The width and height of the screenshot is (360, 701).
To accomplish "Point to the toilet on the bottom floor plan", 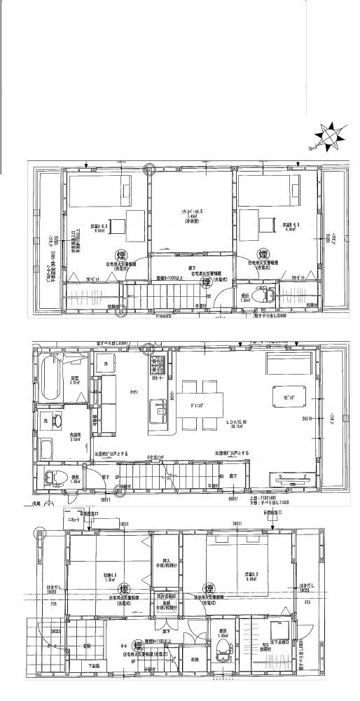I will (x=222, y=645).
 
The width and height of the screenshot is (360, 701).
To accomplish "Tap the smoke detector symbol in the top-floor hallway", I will (x=206, y=282).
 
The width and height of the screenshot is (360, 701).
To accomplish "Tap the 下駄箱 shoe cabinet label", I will (x=93, y=666).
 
